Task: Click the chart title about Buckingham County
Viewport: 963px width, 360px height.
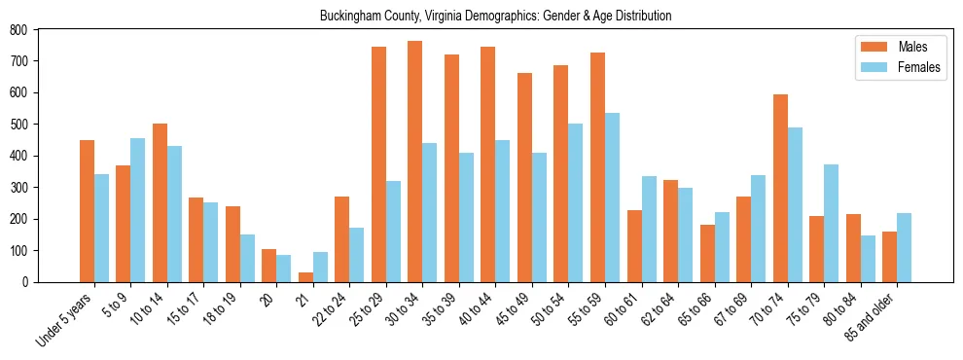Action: tap(495, 17)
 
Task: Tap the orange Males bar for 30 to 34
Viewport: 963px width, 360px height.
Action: tap(415, 162)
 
